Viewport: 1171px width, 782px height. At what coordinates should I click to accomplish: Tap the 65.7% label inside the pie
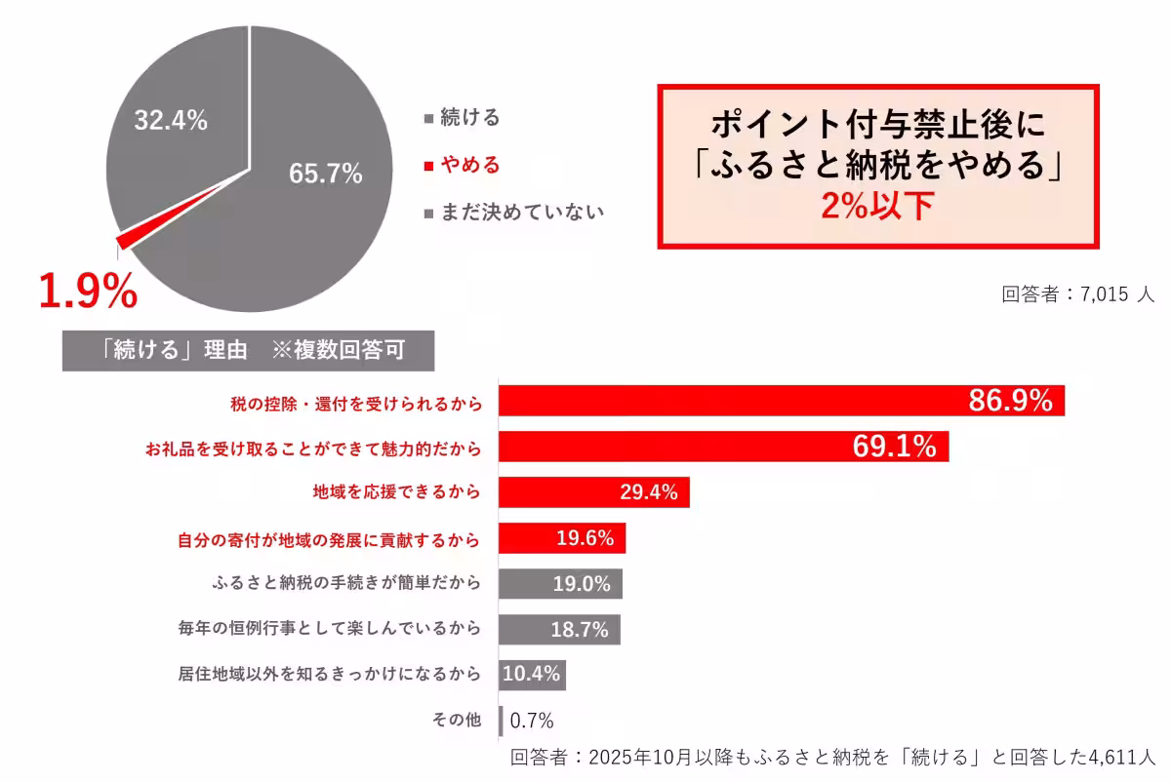tap(325, 175)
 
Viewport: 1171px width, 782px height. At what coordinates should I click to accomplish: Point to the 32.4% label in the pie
tap(171, 121)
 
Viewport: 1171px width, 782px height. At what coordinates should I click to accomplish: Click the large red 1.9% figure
tap(87, 291)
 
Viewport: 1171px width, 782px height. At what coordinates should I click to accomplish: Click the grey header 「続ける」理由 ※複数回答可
tap(249, 351)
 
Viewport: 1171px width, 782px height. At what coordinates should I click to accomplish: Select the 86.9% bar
tap(781, 401)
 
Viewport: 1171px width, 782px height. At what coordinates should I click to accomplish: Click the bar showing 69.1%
tap(723, 447)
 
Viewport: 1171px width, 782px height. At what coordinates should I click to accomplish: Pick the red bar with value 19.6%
tap(561, 538)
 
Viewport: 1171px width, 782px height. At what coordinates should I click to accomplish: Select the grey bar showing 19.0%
tap(560, 584)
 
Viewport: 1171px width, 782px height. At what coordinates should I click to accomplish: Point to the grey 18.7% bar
tap(559, 629)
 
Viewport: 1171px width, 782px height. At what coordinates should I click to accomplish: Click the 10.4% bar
tap(532, 675)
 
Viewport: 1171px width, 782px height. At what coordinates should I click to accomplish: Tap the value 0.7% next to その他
tap(532, 722)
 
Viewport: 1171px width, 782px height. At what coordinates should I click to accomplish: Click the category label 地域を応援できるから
tap(396, 492)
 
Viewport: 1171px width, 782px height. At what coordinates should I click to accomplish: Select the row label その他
tap(457, 722)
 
